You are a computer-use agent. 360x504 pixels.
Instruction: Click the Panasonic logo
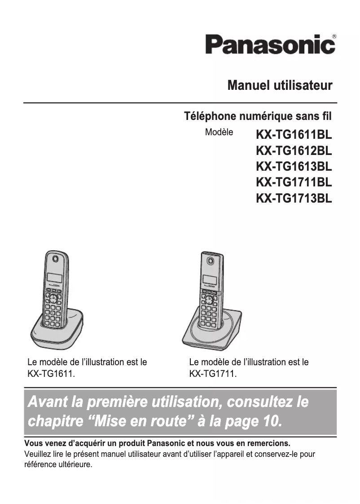(270, 45)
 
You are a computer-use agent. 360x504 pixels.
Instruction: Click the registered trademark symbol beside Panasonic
(334, 36)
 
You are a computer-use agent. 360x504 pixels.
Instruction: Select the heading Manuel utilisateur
(280, 85)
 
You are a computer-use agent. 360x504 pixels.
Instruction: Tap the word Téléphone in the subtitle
(210, 117)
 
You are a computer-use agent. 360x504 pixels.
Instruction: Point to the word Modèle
(219, 133)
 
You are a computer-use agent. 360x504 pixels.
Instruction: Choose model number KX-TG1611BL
(294, 135)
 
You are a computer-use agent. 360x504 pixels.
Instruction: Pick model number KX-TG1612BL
(294, 150)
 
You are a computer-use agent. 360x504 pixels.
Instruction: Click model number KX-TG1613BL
(294, 166)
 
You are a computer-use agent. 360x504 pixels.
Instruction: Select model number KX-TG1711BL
(294, 182)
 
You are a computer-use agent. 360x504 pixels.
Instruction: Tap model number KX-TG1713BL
(294, 198)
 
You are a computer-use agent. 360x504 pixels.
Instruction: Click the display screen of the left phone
(54, 279)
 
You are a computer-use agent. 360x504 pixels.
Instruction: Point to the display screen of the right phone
(209, 279)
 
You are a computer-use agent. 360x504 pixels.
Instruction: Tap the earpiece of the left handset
(55, 259)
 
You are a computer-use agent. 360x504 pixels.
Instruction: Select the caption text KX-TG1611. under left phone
(51, 373)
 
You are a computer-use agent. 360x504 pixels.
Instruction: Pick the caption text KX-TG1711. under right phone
(213, 373)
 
